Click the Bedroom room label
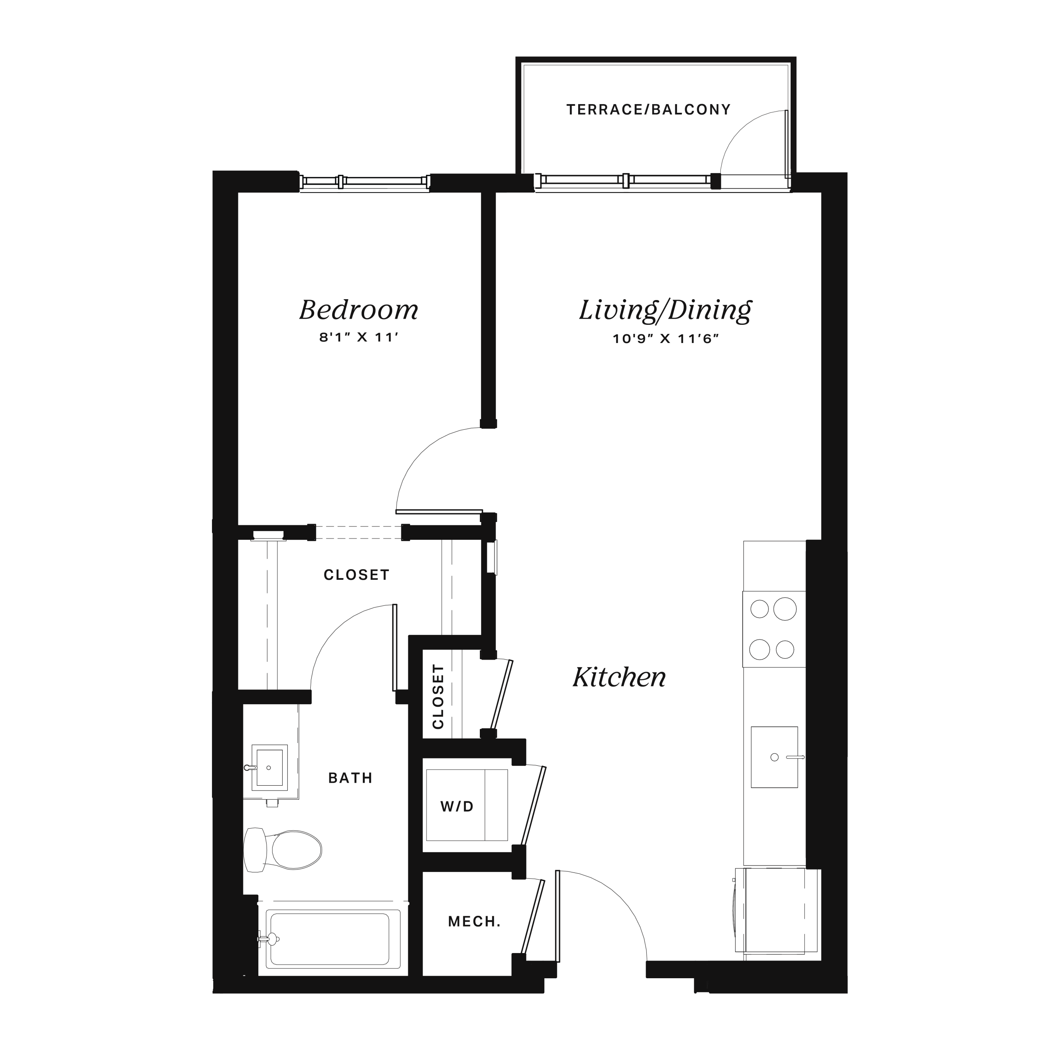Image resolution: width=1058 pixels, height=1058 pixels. (359, 310)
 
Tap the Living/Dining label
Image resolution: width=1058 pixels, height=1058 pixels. (665, 310)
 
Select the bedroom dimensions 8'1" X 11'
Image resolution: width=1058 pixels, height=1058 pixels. (358, 337)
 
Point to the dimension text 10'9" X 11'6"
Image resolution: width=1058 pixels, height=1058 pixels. (665, 339)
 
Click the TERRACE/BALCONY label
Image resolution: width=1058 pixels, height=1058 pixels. (649, 110)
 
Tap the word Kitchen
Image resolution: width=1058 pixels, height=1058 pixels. (620, 677)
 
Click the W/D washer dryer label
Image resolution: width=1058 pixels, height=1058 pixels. (457, 807)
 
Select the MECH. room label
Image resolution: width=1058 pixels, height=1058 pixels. (474, 922)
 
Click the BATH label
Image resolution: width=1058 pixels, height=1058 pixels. (350, 778)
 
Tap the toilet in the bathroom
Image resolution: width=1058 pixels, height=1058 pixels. (283, 850)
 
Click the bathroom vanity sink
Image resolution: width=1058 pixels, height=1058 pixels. (269, 768)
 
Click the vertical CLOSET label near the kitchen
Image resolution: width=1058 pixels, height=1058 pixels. (438, 696)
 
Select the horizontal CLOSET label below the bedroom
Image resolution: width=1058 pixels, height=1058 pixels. (357, 575)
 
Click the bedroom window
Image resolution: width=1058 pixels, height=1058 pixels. (365, 182)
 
